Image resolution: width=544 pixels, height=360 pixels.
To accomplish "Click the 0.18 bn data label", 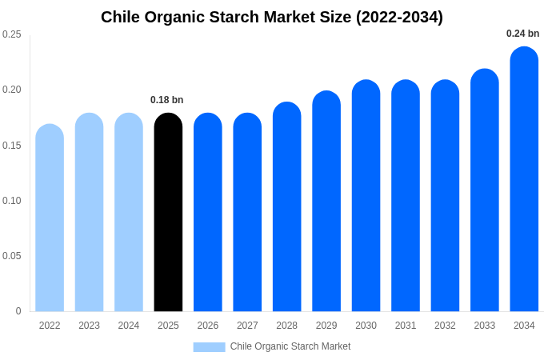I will click(167, 100).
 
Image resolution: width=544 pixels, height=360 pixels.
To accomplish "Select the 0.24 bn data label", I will click(522, 34).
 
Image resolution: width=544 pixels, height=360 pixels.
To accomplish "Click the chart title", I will click(272, 17).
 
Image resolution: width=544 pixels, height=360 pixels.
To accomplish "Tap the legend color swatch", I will click(209, 347).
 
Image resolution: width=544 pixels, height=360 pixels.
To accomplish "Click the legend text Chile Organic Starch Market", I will click(290, 346).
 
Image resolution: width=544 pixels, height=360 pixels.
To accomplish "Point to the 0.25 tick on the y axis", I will click(12, 34).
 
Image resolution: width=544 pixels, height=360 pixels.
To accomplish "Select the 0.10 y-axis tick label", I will click(12, 201).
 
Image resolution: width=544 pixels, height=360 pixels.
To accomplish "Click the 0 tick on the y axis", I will click(18, 311).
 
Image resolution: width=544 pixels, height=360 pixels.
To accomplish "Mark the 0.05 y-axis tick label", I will click(12, 256).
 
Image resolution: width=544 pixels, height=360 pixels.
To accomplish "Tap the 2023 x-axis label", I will click(89, 326).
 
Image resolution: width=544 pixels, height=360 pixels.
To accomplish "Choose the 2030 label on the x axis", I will click(366, 326).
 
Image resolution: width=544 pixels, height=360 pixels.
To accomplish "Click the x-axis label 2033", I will click(485, 326).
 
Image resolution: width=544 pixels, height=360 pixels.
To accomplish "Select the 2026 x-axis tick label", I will click(208, 326).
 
